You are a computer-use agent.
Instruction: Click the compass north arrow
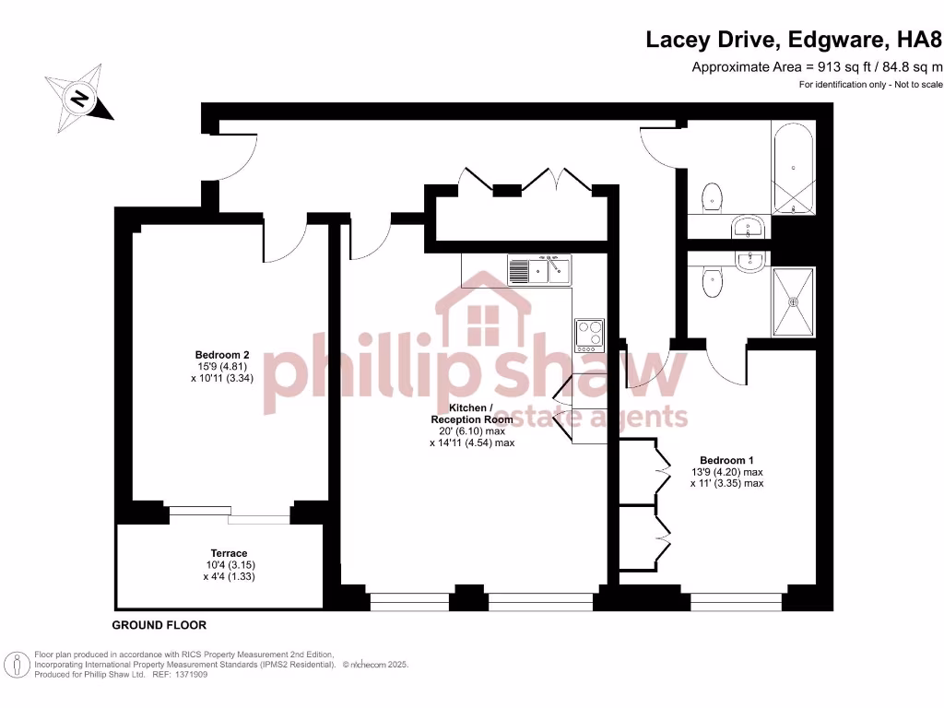tap(80, 96)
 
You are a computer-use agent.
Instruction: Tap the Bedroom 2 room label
tap(222, 355)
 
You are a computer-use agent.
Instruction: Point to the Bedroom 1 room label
tap(726, 459)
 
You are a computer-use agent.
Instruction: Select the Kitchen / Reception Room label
tap(468, 413)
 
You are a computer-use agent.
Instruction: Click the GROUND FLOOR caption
tap(159, 625)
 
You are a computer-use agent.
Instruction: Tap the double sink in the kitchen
tap(539, 270)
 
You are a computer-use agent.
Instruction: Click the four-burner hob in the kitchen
tap(589, 336)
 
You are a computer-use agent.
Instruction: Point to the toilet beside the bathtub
tap(711, 197)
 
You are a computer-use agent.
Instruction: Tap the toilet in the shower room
tap(711, 283)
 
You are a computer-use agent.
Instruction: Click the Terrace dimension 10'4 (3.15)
tap(228, 565)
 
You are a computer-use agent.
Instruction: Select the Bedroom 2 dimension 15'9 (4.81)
tap(222, 366)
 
